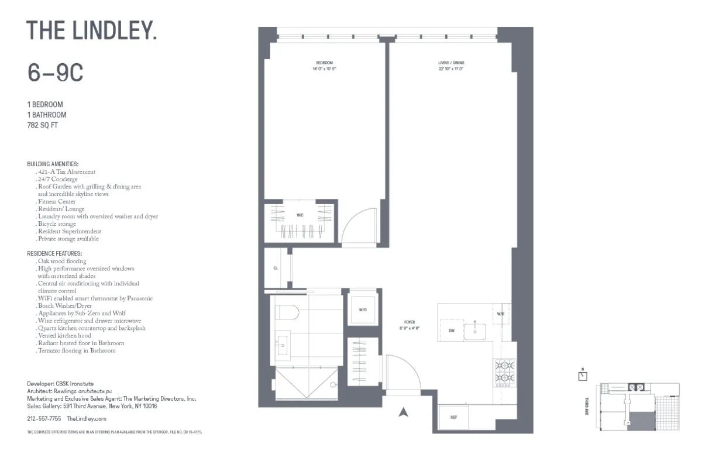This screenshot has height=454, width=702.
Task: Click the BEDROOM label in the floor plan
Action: pos(324,63)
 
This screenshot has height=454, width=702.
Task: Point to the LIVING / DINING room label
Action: pos(450,63)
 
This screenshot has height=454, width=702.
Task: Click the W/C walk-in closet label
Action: pos(300,215)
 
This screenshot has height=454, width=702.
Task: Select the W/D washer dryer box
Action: pos(363,309)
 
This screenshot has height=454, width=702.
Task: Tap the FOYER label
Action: pos(409,322)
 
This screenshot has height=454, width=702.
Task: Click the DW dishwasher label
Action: pos(452,331)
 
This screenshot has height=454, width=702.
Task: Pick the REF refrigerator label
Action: pos(453,417)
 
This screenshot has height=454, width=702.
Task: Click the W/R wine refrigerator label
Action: pos(501,314)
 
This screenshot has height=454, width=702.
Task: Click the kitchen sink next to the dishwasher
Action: pos(475,331)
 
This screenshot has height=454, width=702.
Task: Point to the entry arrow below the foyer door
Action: pos(402,412)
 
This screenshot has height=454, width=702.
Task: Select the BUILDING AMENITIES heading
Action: pos(53,164)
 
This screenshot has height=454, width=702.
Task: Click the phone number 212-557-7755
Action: pos(44,419)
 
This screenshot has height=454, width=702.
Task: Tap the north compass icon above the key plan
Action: pos(582,375)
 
